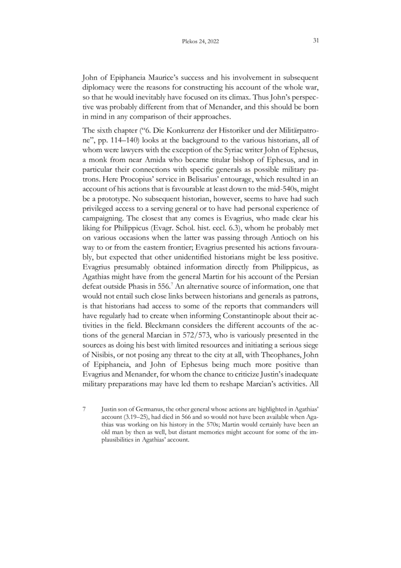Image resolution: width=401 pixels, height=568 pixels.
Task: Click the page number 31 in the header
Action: [316, 41]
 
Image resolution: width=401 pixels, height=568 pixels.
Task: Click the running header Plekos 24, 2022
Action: [200, 42]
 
